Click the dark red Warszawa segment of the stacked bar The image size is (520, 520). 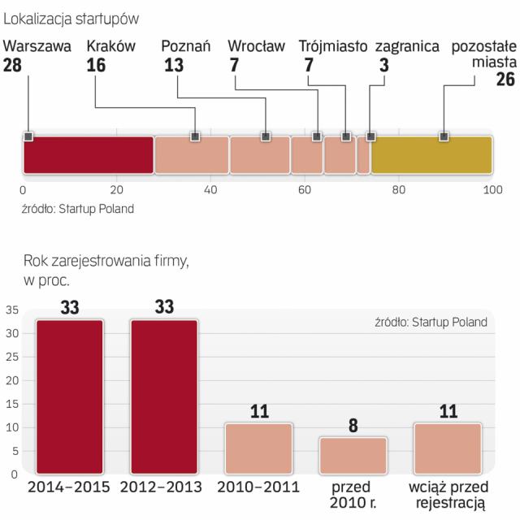88,154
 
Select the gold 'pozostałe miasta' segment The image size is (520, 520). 431,154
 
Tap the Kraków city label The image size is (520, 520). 110,46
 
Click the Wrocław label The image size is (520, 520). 256,46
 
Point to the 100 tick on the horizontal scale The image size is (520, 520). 491,190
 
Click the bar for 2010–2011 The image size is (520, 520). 258,448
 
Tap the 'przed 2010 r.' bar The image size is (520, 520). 352,455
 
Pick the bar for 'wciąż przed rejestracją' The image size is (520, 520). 446,448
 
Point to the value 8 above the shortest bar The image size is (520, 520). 353,425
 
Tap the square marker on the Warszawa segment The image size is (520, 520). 28,136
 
